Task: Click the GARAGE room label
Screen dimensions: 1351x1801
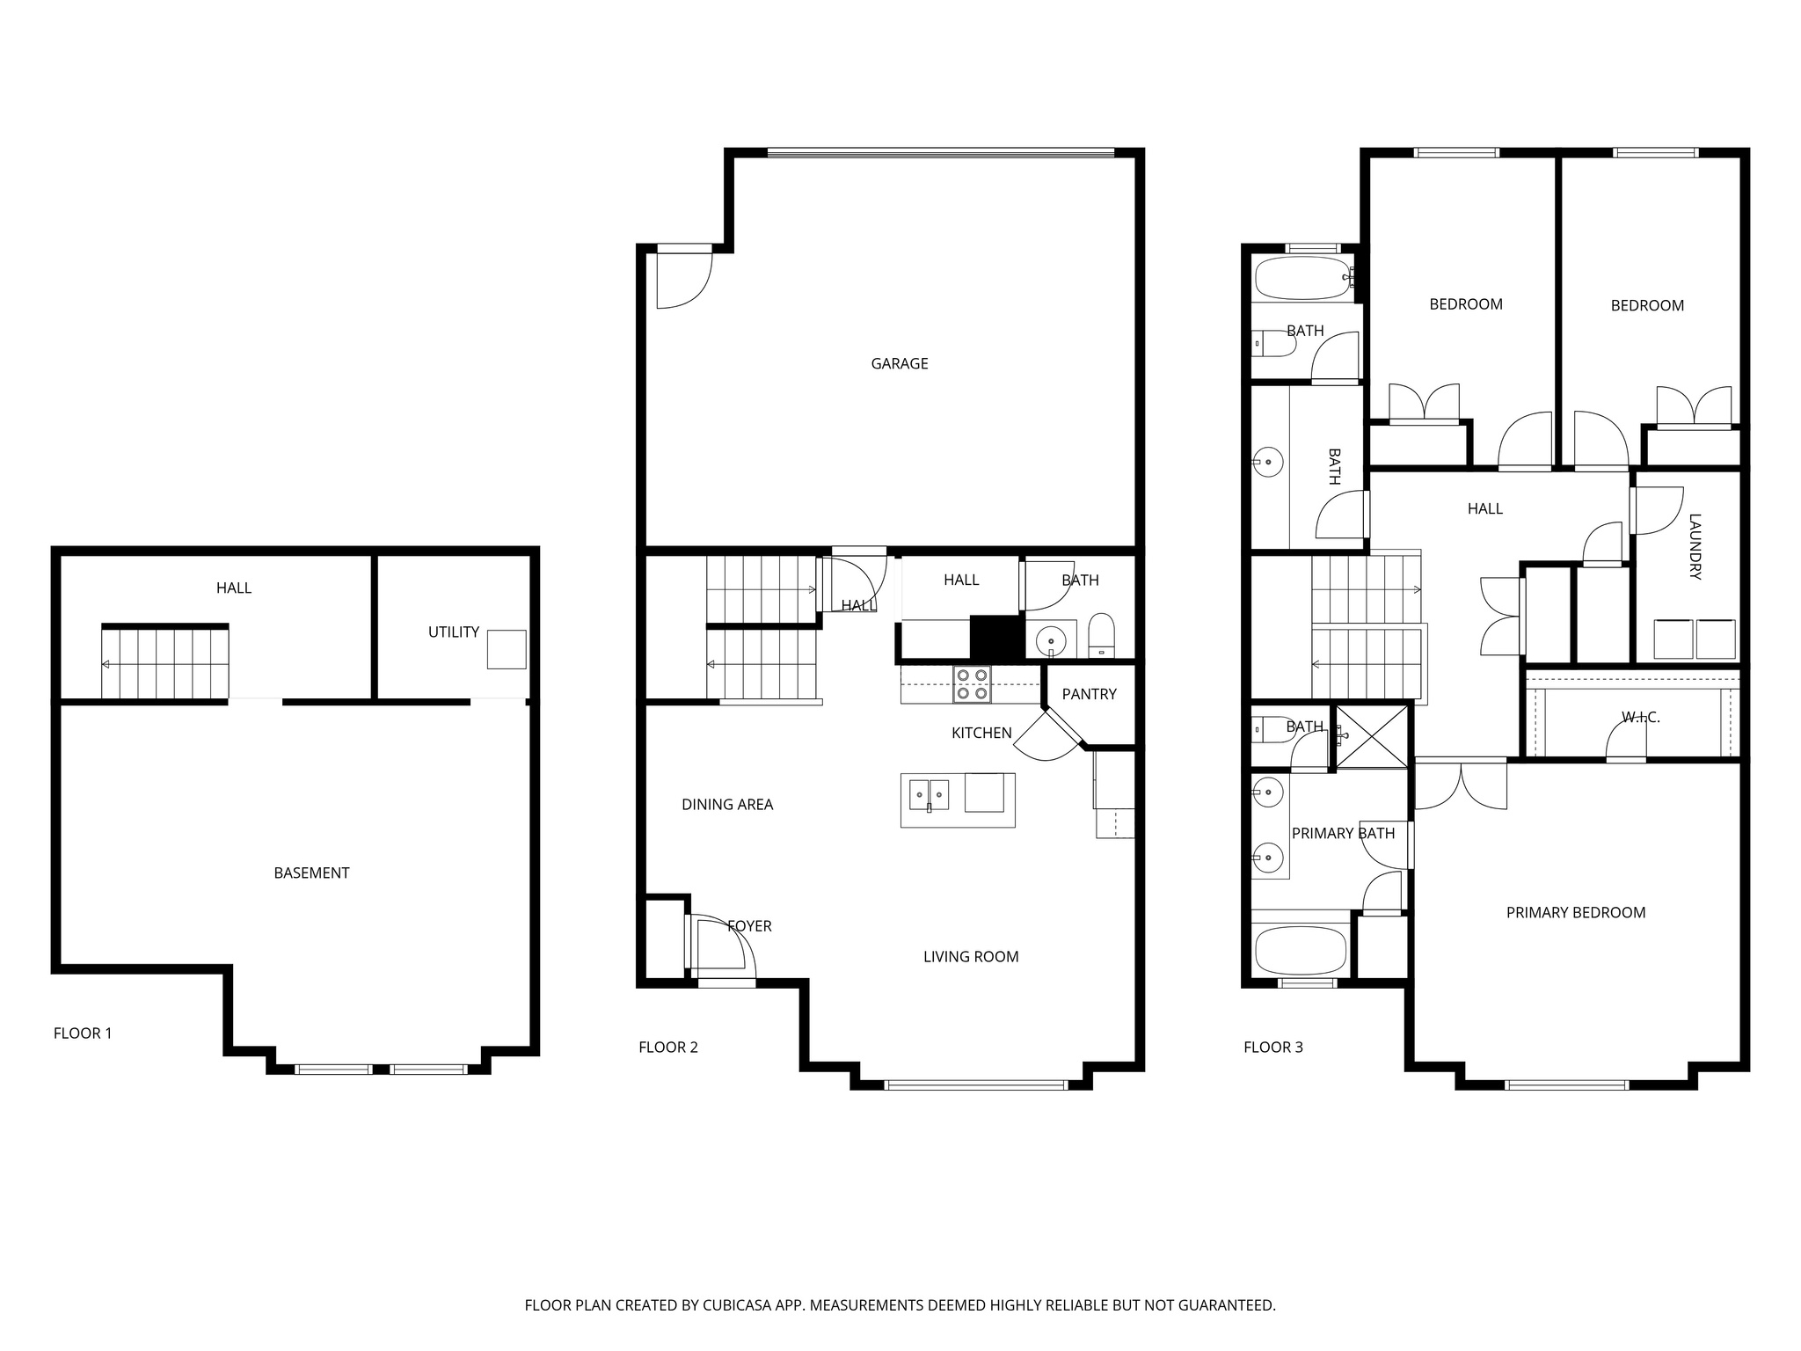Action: point(899,363)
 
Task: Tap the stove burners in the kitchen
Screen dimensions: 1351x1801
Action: point(972,684)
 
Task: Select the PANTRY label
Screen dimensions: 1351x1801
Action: point(1089,694)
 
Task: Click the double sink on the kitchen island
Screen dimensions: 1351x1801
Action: point(929,794)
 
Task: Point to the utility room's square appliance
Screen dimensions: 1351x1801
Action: point(507,649)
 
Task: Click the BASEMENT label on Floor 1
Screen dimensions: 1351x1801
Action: point(311,873)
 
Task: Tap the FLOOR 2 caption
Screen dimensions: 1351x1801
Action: point(667,1047)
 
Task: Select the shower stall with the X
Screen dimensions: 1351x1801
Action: point(1372,735)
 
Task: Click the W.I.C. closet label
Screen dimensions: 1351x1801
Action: point(1640,718)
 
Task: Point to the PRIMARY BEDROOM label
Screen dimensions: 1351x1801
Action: point(1575,912)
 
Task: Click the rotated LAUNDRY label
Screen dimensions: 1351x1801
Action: point(1695,546)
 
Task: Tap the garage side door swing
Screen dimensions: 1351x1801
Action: point(683,279)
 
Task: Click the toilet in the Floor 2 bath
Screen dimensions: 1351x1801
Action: point(1101,635)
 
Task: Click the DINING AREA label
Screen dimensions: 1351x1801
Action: point(727,804)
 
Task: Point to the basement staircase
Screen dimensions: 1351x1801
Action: point(165,661)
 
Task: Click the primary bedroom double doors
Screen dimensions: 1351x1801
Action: point(1460,785)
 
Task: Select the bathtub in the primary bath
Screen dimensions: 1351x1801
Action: point(1300,950)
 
